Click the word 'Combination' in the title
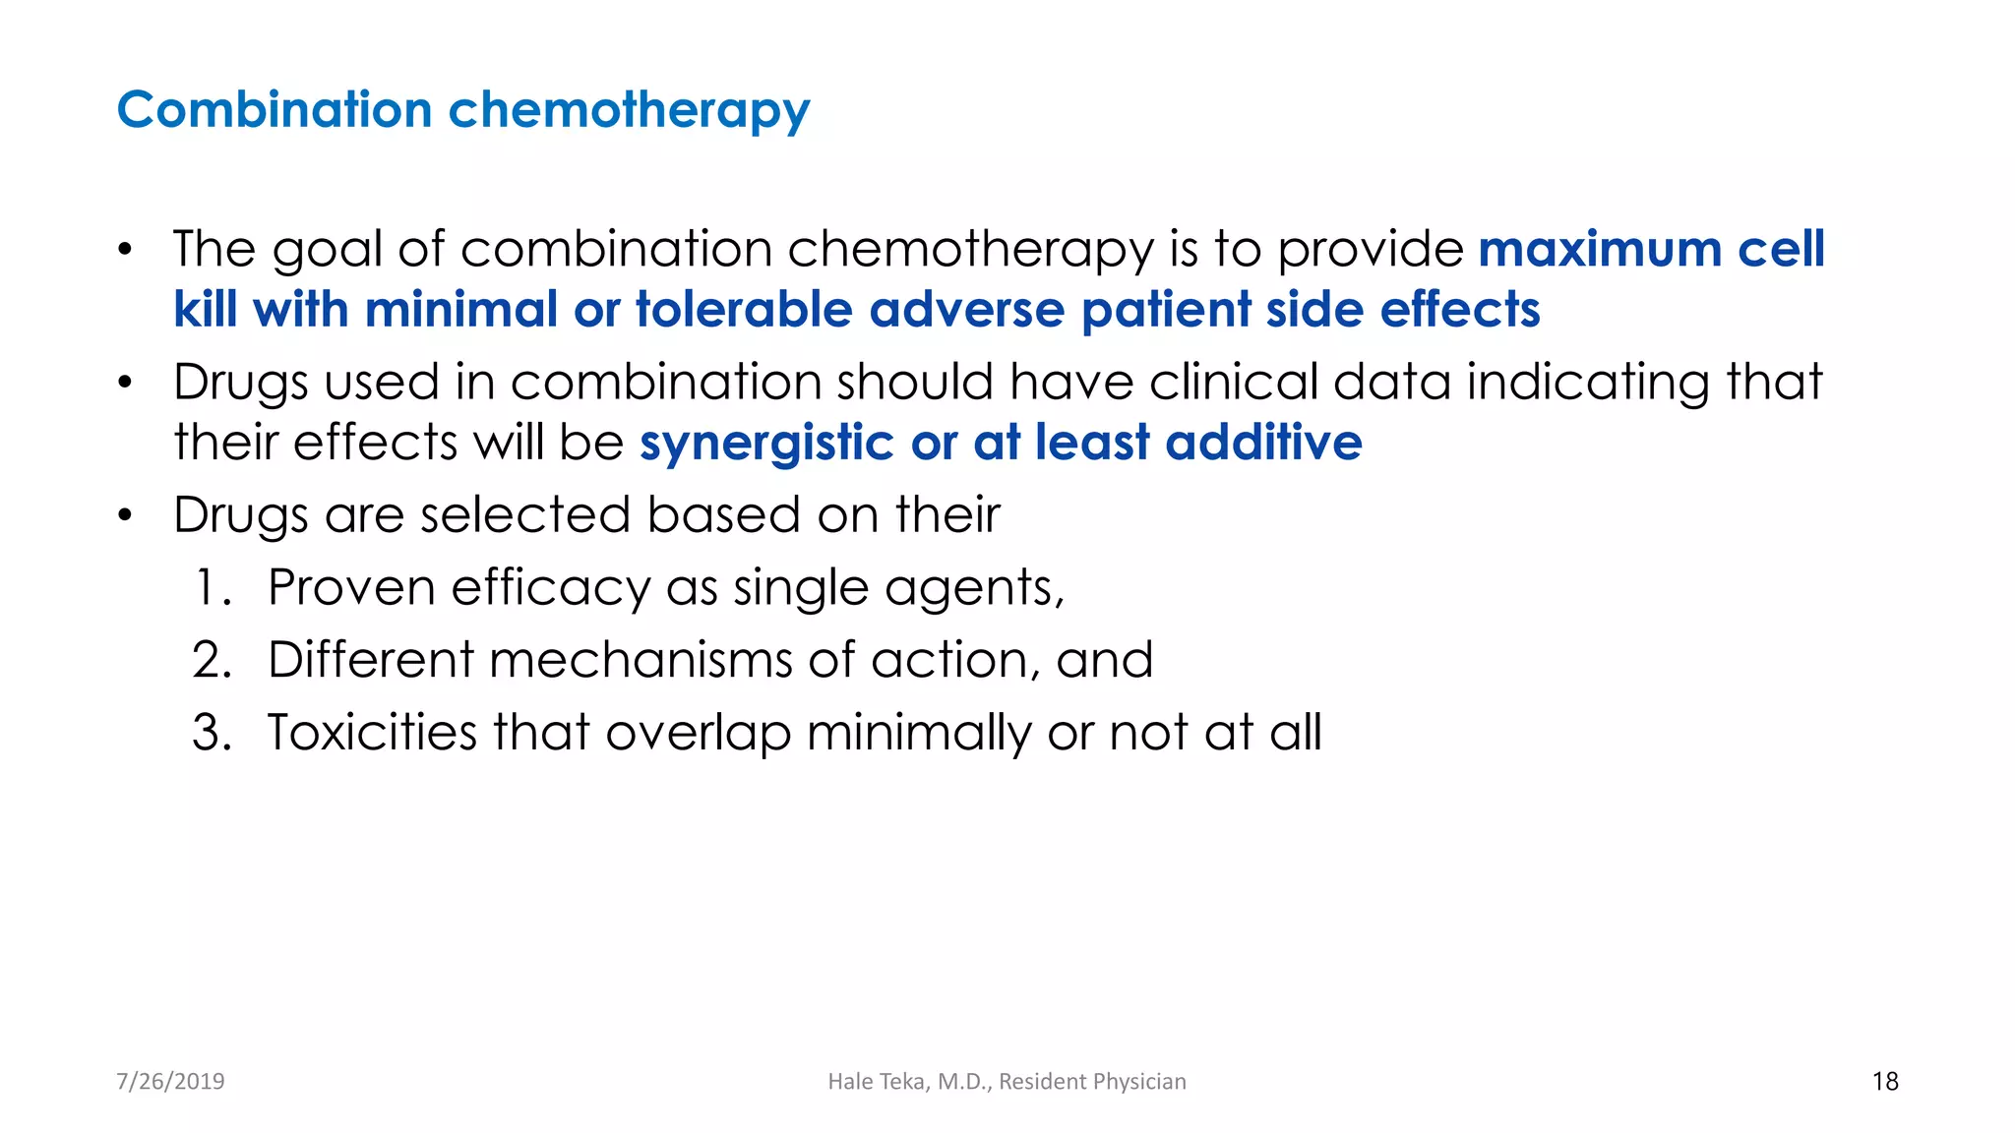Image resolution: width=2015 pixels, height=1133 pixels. point(275,109)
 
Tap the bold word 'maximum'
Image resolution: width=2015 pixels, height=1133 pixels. point(1600,249)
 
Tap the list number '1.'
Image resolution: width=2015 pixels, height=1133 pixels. point(213,587)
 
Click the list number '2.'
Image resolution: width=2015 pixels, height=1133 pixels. point(213,660)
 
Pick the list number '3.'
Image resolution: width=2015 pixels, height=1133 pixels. point(213,733)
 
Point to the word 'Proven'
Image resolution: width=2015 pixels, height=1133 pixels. point(351,587)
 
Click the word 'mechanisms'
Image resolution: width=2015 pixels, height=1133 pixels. point(641,660)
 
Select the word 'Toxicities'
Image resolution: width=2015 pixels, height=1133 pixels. point(372,733)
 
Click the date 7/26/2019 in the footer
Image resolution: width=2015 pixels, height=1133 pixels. point(170,1081)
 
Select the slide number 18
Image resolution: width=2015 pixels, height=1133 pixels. point(1885,1081)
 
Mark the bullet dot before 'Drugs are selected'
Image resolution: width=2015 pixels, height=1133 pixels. point(124,515)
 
